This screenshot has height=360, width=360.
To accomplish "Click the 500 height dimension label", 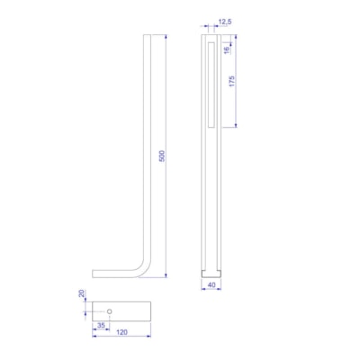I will point(162,156).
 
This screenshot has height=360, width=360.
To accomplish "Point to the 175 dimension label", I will point(232,81).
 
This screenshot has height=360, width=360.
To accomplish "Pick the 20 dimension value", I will point(80,295).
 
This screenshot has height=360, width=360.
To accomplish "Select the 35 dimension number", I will point(100,324).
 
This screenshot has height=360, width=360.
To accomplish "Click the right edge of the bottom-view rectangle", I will point(147,310).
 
